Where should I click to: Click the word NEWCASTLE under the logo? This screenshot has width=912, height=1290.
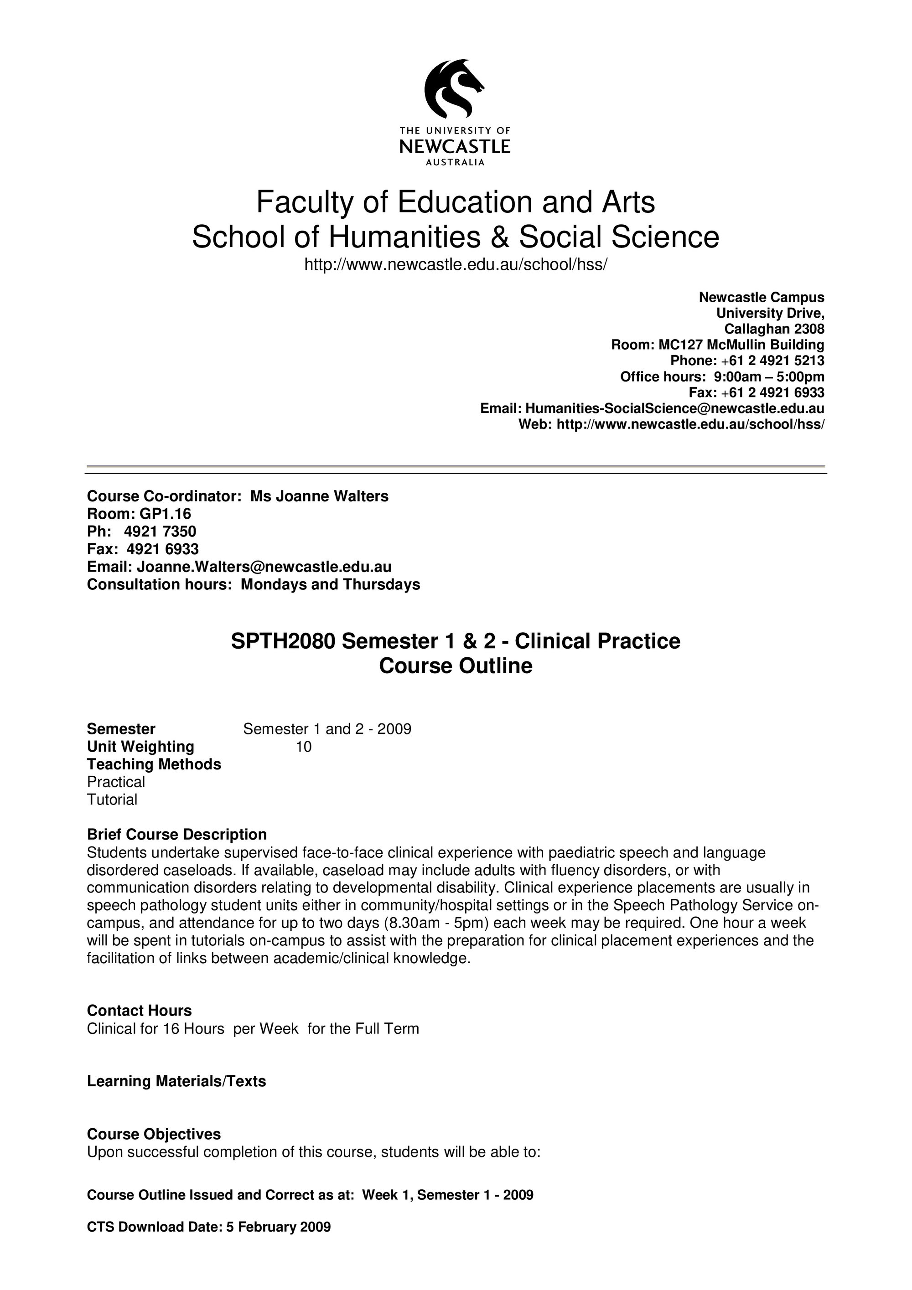(x=455, y=147)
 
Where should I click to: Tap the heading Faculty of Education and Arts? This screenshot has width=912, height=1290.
(x=455, y=202)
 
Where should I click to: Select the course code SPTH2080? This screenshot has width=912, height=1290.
(x=283, y=641)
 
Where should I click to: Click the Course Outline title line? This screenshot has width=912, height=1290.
(x=455, y=666)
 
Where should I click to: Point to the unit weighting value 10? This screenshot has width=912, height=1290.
(x=303, y=747)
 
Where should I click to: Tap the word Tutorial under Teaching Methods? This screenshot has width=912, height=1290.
(x=112, y=800)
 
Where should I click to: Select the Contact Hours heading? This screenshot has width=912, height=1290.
(x=140, y=1011)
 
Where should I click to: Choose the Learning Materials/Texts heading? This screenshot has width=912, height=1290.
(x=176, y=1082)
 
